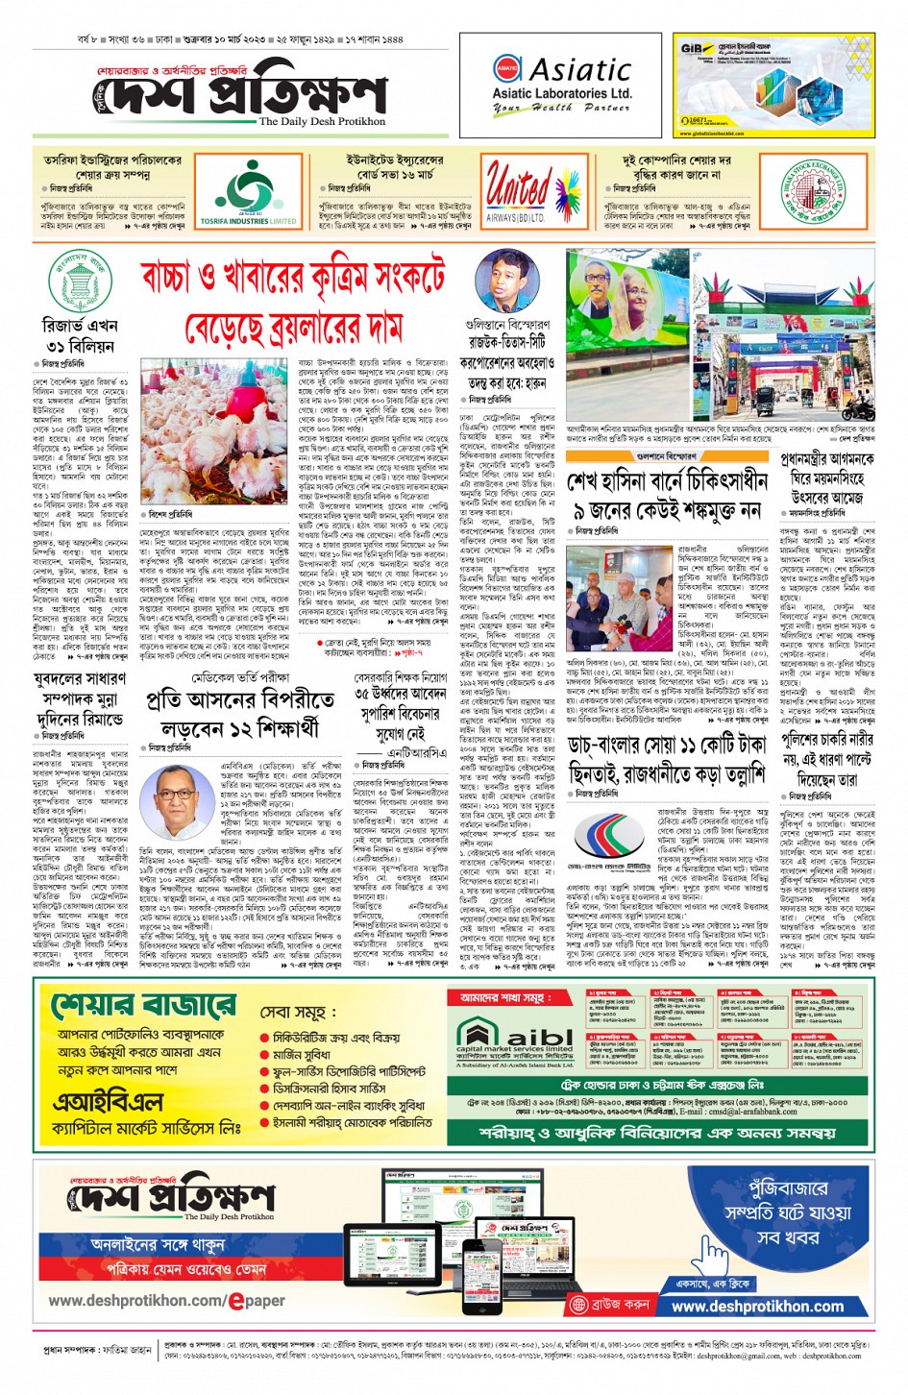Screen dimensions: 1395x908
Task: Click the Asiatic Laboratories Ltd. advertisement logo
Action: tap(561, 85)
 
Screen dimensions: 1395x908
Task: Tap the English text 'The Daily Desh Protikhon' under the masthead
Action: tap(322, 122)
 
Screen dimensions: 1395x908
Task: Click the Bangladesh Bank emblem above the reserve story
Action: tap(79, 281)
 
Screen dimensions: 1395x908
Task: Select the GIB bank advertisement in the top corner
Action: tap(773, 86)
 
